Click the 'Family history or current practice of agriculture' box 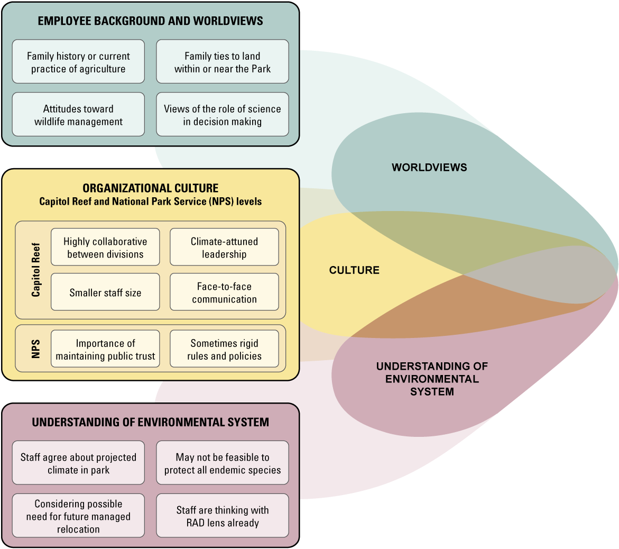[78, 62]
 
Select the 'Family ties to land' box [223, 62]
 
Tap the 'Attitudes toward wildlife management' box [78, 115]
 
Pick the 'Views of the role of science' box [223, 115]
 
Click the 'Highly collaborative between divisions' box [105, 248]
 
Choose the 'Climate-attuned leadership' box [224, 248]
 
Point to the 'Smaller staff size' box [105, 292]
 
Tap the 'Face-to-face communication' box [224, 292]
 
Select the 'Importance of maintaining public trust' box [105, 349]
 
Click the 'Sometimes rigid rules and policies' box [224, 349]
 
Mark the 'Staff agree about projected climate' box [78, 463]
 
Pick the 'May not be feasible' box [223, 463]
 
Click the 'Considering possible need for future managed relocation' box [78, 516]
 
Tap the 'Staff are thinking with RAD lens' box [223, 516]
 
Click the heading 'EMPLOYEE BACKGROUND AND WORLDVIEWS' [151, 22]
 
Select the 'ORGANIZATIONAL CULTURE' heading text [151, 188]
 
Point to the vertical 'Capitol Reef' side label [36, 270]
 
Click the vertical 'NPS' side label [36, 349]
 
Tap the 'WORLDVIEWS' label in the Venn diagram [429, 168]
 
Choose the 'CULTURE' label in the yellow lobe [354, 270]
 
